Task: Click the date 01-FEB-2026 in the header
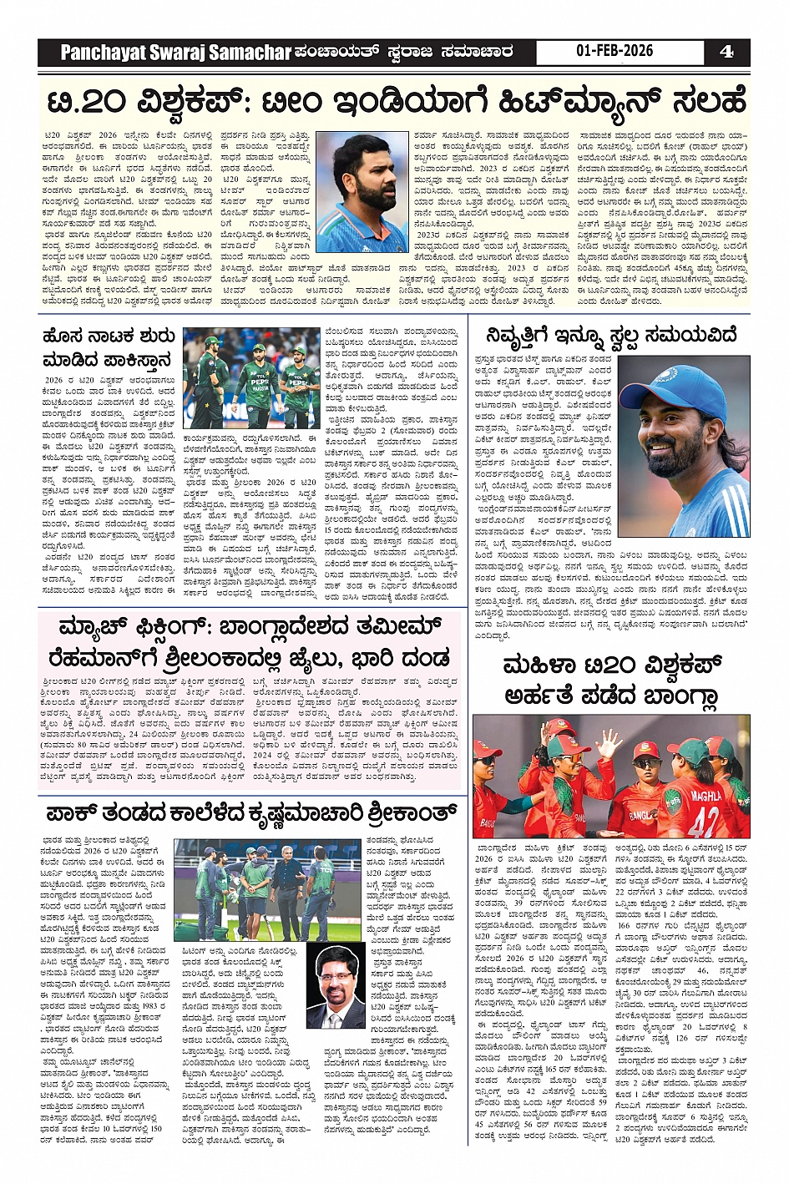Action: [614, 51]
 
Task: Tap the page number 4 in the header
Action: [726, 51]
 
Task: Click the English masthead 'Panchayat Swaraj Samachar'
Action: [175, 53]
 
